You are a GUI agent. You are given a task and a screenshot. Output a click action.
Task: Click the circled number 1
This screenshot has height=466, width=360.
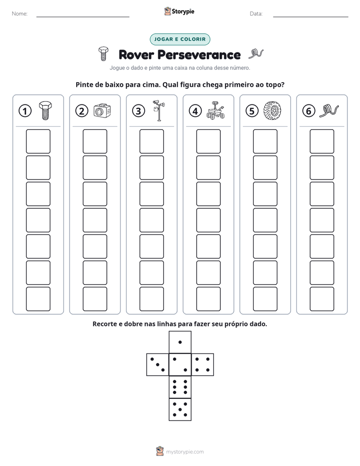(x=25, y=111)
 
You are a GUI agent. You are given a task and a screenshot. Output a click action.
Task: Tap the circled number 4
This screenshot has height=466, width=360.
(x=195, y=111)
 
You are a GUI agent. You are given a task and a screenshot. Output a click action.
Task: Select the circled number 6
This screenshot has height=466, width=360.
(x=309, y=111)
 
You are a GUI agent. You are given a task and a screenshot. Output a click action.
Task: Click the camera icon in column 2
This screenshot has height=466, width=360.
(x=102, y=110)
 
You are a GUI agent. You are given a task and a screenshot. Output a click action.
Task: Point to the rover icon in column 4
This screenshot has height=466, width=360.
(x=215, y=110)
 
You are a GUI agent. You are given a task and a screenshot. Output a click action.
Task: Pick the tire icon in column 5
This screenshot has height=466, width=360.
(x=272, y=110)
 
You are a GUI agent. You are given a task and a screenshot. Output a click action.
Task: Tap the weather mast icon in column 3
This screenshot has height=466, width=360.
(x=159, y=110)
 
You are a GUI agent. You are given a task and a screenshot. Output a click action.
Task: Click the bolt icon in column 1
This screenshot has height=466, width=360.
(x=45, y=110)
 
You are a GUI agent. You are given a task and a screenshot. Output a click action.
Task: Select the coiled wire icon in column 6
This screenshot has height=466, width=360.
(x=329, y=111)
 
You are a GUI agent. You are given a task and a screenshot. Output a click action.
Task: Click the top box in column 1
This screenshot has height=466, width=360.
(x=38, y=141)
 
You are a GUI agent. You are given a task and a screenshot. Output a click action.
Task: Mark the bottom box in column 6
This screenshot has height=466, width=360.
(x=322, y=299)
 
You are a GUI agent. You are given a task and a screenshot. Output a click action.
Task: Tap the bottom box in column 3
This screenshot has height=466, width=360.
(x=151, y=299)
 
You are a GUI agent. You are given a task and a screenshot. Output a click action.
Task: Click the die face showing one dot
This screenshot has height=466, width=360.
(x=180, y=342)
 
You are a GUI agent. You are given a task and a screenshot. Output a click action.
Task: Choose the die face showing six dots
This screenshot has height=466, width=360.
(x=180, y=387)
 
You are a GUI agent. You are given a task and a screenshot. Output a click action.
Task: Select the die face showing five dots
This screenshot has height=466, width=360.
(x=180, y=409)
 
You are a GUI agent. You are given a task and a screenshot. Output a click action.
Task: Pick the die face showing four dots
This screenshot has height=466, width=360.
(x=203, y=365)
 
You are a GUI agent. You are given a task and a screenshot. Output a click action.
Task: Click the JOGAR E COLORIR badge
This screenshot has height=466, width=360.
(x=180, y=39)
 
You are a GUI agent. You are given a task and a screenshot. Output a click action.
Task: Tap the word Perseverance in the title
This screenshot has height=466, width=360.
(x=199, y=55)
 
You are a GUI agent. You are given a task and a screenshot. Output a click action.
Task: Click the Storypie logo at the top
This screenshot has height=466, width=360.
(x=179, y=11)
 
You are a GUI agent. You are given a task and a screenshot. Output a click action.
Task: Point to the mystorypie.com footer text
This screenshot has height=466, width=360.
(x=185, y=452)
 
